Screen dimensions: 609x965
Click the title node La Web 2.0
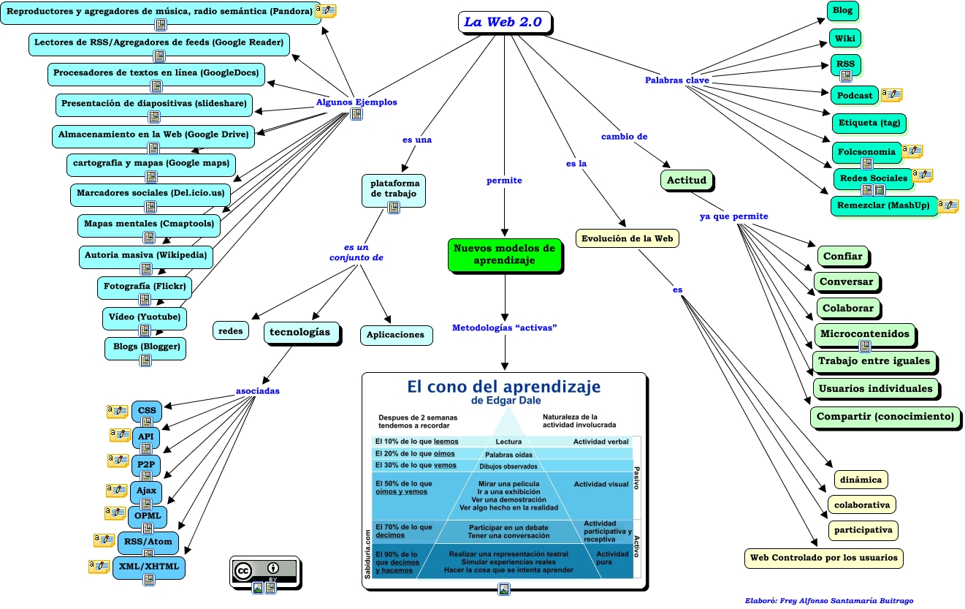503,22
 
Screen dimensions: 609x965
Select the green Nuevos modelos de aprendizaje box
504,254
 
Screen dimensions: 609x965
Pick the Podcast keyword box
854,95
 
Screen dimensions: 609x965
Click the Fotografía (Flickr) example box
144,286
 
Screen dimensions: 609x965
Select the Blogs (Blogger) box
145,346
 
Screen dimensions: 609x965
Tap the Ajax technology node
146,490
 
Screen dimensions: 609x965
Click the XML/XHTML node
149,567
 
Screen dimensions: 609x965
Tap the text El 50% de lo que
403,483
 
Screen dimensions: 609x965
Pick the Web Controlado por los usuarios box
823,558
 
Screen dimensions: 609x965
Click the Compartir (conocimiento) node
885,416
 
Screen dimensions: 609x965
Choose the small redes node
231,330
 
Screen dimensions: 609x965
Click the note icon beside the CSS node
118,410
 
